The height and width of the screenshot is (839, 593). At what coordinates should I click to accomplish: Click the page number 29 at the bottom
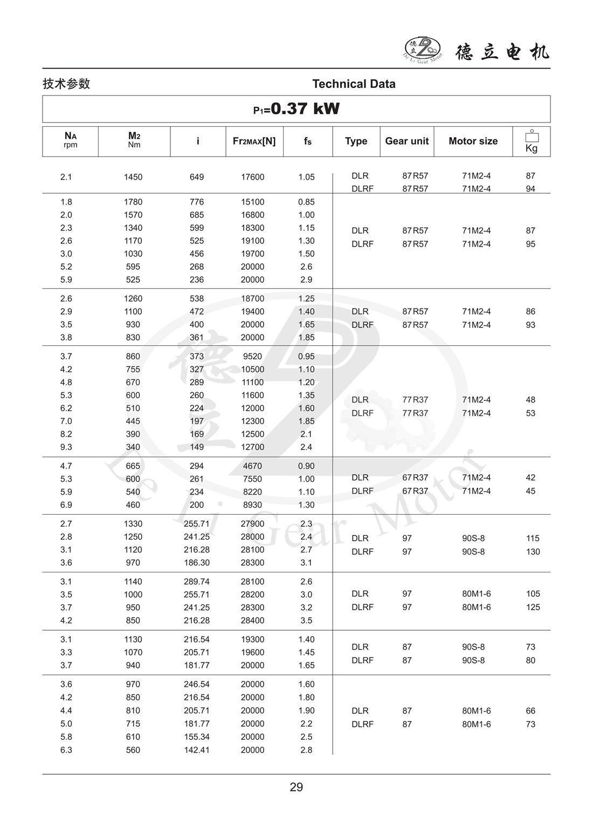click(296, 787)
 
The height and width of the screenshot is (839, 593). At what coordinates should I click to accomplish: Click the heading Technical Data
click(354, 84)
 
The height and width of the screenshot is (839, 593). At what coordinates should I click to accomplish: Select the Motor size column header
click(473, 141)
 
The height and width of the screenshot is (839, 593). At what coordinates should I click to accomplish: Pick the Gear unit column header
click(406, 141)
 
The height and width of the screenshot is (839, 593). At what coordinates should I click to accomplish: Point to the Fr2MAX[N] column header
click(254, 141)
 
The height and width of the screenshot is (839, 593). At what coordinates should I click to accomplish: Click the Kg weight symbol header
click(531, 142)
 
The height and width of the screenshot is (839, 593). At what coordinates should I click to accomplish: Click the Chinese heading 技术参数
click(66, 84)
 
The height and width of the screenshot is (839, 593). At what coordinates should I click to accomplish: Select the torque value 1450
click(133, 177)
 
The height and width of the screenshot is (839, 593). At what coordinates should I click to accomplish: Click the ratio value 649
click(197, 177)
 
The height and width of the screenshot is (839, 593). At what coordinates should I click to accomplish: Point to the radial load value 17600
click(252, 177)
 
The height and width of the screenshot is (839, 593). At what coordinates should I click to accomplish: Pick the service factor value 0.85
click(306, 202)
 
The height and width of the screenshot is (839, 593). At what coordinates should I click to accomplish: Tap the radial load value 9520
click(252, 356)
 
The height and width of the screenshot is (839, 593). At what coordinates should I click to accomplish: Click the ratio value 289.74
click(197, 582)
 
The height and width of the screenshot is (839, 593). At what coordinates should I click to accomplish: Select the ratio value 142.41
click(197, 750)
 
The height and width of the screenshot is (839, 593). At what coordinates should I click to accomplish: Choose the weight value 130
click(533, 551)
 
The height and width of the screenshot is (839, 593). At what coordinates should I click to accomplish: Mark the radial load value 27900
click(252, 523)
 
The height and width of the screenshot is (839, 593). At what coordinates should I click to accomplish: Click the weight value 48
click(530, 400)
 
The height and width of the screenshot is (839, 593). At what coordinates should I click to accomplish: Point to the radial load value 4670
click(252, 466)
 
